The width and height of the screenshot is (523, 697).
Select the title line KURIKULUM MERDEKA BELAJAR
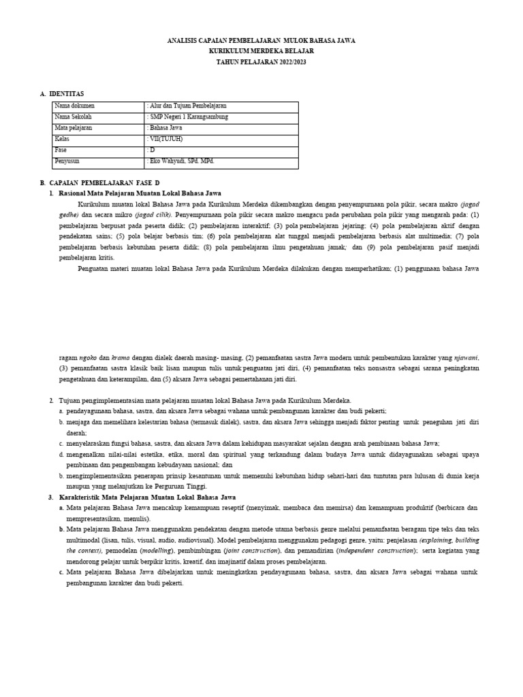click(x=261, y=51)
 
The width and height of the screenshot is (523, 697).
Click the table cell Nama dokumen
click(x=74, y=106)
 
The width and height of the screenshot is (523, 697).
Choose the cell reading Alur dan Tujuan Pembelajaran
click(x=187, y=106)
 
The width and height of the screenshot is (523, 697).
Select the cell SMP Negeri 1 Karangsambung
click(x=188, y=117)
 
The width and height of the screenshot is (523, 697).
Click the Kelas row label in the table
click(x=62, y=139)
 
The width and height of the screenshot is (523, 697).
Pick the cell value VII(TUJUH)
click(x=165, y=139)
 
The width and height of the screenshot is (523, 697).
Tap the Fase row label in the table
click(x=61, y=150)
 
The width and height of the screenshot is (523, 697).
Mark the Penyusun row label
click(x=67, y=161)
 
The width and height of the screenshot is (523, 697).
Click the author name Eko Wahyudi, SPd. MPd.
click(x=181, y=161)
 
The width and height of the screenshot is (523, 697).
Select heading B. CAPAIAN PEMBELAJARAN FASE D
click(x=100, y=184)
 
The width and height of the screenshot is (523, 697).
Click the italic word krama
click(x=121, y=357)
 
